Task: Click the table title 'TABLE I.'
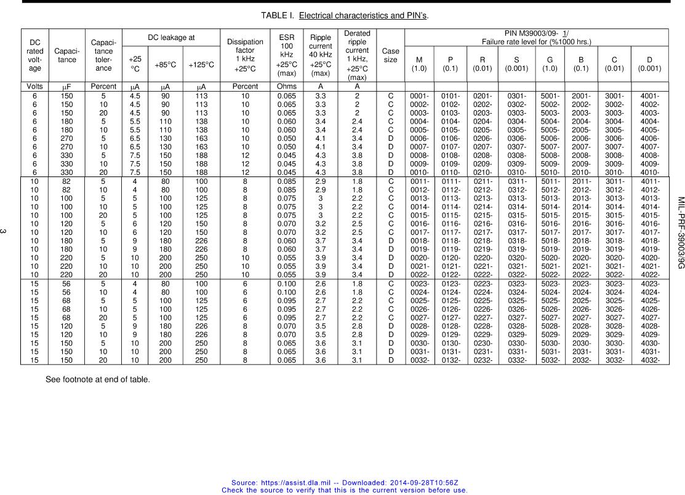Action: tap(279, 15)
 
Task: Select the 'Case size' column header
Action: tap(390, 55)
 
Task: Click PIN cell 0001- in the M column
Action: tap(419, 96)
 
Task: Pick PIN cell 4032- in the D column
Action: tap(650, 360)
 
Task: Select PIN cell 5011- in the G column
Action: tap(550, 182)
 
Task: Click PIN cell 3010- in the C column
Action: tap(615, 173)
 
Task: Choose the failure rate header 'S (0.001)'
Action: tap(516, 64)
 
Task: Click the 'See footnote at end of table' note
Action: tap(97, 379)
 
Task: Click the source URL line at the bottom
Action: tap(345, 483)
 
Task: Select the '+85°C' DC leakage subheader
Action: tap(165, 64)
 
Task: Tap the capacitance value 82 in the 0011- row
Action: tap(67, 182)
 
